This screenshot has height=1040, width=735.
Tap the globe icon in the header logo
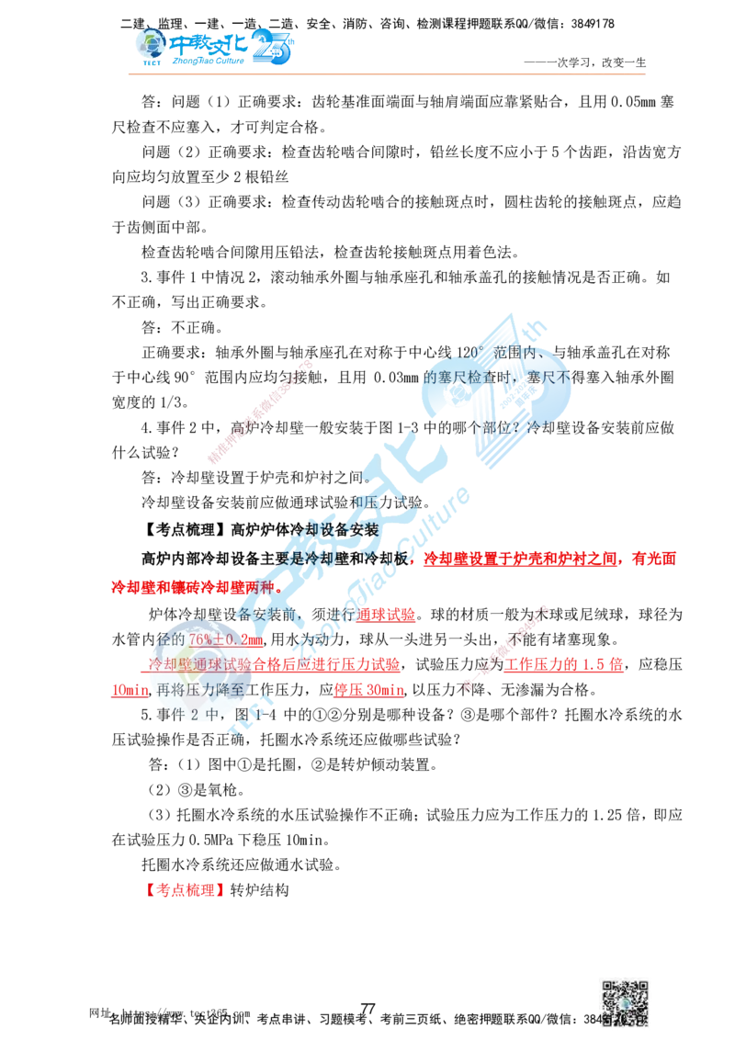(x=147, y=43)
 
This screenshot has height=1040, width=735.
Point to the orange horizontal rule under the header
(x=386, y=73)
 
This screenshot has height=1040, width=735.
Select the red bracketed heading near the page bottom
(x=186, y=889)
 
